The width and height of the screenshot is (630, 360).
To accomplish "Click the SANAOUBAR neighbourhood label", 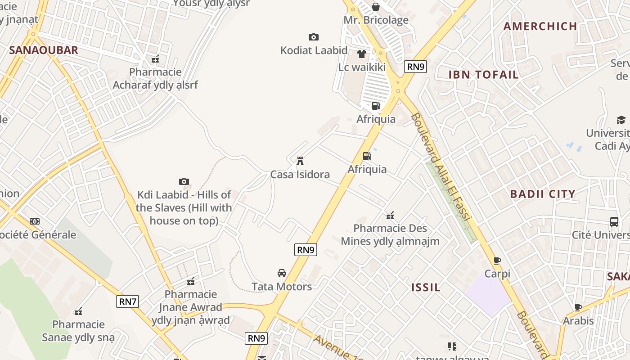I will click(44, 50).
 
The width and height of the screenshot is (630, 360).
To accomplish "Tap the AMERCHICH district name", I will click(540, 26).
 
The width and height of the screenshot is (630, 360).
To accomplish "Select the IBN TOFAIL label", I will click(483, 75).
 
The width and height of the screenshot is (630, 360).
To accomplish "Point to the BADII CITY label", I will click(542, 194).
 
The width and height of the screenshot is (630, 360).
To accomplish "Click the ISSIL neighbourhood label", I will click(426, 287).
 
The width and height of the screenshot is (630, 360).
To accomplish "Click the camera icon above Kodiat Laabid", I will click(314, 37).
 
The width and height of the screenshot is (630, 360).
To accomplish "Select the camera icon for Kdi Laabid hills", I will click(184, 181).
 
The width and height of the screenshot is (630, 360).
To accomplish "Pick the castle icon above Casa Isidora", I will click(300, 161).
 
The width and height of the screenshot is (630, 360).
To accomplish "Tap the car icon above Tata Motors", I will click(282, 273).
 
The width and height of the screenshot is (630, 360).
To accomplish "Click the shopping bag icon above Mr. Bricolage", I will click(376, 7).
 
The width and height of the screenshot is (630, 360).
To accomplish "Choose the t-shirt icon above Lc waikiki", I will click(362, 54).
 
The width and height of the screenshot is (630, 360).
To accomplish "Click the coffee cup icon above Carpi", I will click(497, 260).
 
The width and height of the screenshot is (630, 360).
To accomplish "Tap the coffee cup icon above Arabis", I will click(578, 307).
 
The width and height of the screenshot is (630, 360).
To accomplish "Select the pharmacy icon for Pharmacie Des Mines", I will click(390, 215).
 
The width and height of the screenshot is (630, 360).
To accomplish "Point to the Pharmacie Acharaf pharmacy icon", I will click(155, 58).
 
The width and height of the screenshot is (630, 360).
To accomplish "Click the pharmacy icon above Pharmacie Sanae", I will click(79, 311).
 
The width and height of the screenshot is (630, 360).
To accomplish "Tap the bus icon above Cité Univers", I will click(614, 221).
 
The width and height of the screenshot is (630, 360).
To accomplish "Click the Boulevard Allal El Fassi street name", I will click(441, 166).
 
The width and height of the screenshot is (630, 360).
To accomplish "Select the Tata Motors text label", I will click(282, 287).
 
